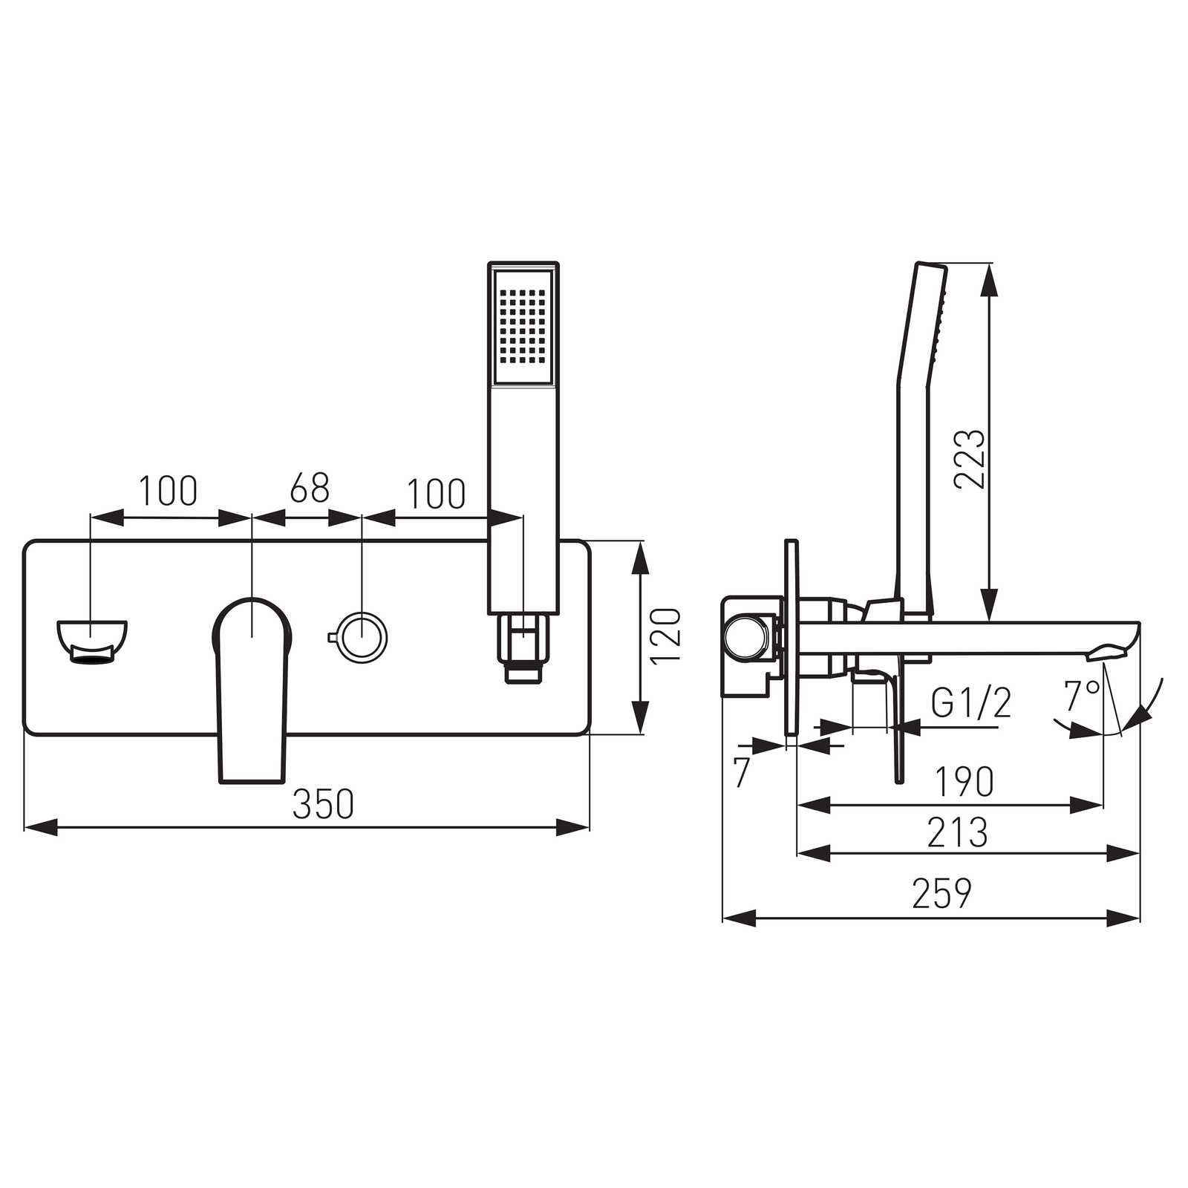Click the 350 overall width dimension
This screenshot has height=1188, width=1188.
click(x=323, y=803)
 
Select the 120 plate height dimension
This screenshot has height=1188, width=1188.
click(x=665, y=636)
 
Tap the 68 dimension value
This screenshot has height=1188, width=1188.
click(x=310, y=489)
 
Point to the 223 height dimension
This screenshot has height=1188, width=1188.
click(x=970, y=458)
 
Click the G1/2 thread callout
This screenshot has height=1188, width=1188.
click(x=971, y=702)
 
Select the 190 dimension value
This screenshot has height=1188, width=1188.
click(x=964, y=781)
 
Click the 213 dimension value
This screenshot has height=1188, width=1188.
click(x=958, y=832)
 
